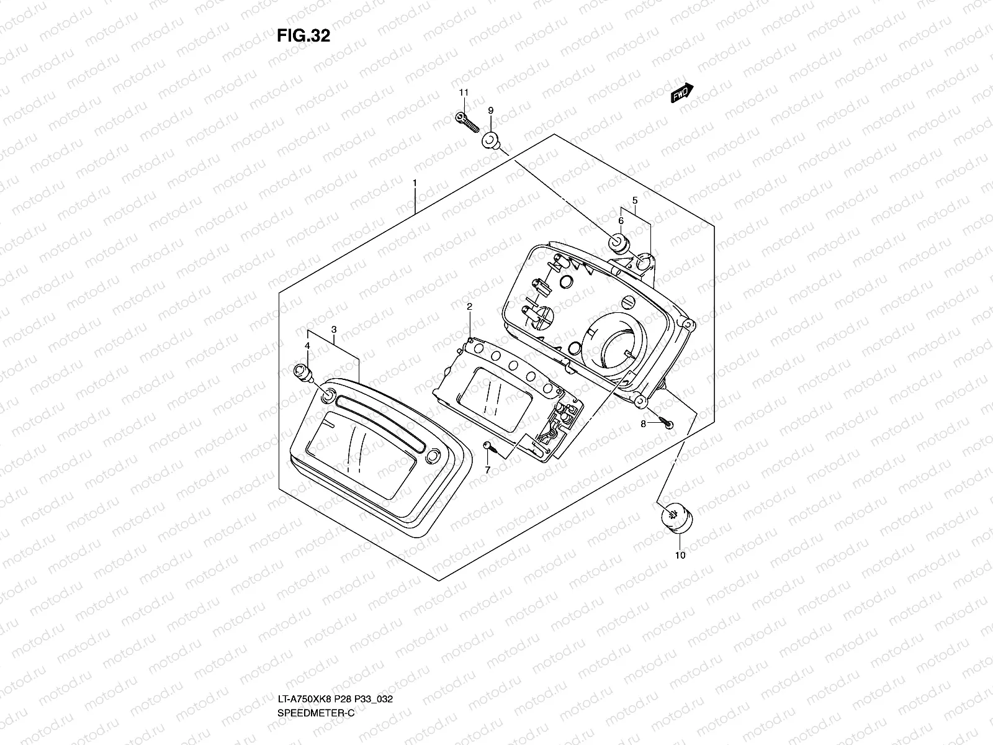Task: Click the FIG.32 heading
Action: tap(303, 36)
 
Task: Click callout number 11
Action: tap(463, 93)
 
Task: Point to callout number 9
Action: tap(490, 111)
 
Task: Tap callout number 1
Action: tap(415, 183)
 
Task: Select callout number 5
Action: tap(635, 200)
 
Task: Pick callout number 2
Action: tap(470, 307)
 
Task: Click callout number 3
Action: tap(334, 329)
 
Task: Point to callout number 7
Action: tap(487, 470)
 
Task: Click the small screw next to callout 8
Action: tap(667, 425)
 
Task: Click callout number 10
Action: tap(680, 555)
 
